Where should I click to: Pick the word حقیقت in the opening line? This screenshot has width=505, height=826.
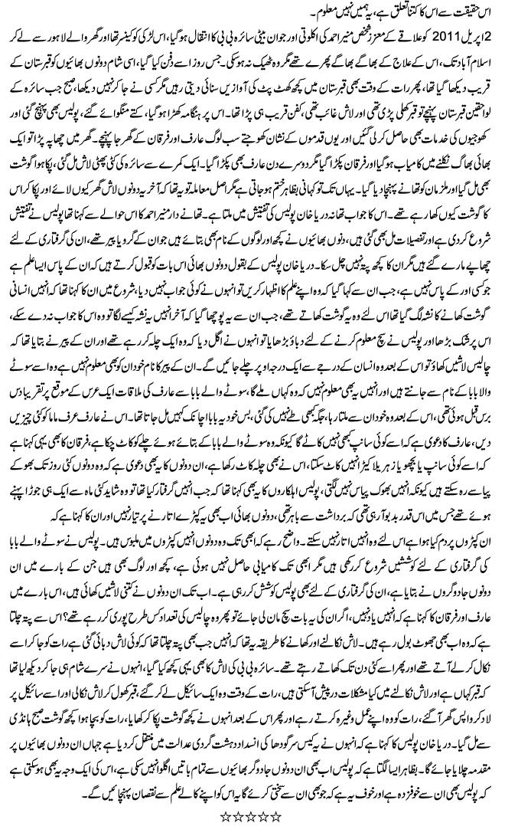pos(466,13)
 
